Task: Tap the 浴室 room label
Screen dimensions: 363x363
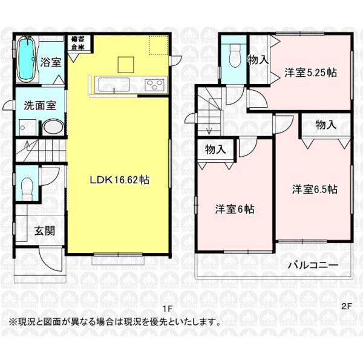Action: tap(51, 62)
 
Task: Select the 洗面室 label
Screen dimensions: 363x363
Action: tap(40, 105)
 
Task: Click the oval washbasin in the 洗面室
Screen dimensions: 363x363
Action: tap(53, 126)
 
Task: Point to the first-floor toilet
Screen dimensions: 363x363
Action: tap(27, 189)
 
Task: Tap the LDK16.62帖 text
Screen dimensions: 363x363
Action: tap(119, 180)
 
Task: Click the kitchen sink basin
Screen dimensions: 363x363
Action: tap(114, 85)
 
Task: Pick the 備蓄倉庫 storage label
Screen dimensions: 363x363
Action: tap(78, 43)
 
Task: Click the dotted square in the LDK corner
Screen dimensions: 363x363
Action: tap(159, 45)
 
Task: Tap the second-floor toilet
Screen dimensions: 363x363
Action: tap(235, 56)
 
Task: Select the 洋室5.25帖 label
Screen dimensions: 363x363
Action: tap(310, 73)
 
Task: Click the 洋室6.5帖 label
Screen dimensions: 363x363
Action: tap(315, 189)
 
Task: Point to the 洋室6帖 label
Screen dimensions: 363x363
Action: tap(235, 209)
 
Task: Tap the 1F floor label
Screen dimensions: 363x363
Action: tap(168, 309)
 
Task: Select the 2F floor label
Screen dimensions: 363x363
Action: tap(347, 306)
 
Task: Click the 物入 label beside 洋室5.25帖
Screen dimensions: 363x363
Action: tap(258, 60)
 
